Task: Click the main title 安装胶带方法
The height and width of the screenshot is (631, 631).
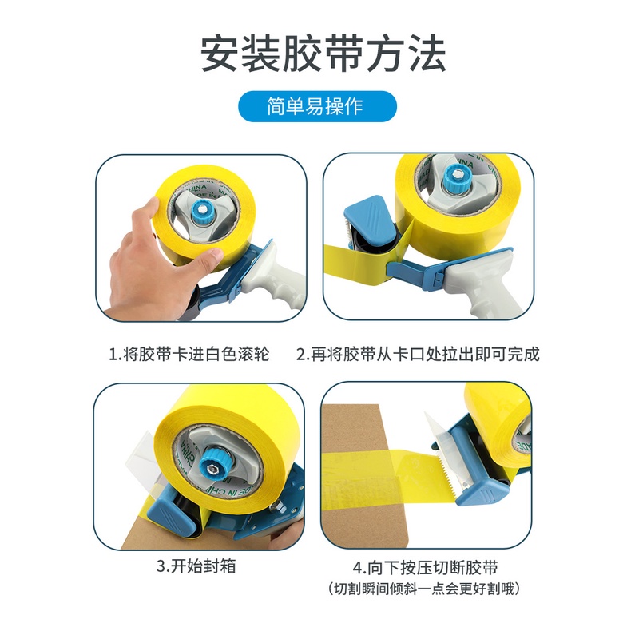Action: pyautogui.click(x=323, y=54)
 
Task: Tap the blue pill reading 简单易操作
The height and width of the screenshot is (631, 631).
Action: pyautogui.click(x=318, y=107)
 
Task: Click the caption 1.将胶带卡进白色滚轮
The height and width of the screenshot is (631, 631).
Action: pyautogui.click(x=189, y=354)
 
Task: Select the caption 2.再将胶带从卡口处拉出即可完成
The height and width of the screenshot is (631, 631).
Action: pyautogui.click(x=418, y=354)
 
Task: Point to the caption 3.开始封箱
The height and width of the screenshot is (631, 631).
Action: pyautogui.click(x=196, y=566)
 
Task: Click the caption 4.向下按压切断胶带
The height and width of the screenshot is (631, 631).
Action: pyautogui.click(x=426, y=568)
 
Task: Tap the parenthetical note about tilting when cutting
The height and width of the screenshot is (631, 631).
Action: pyautogui.click(x=424, y=589)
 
